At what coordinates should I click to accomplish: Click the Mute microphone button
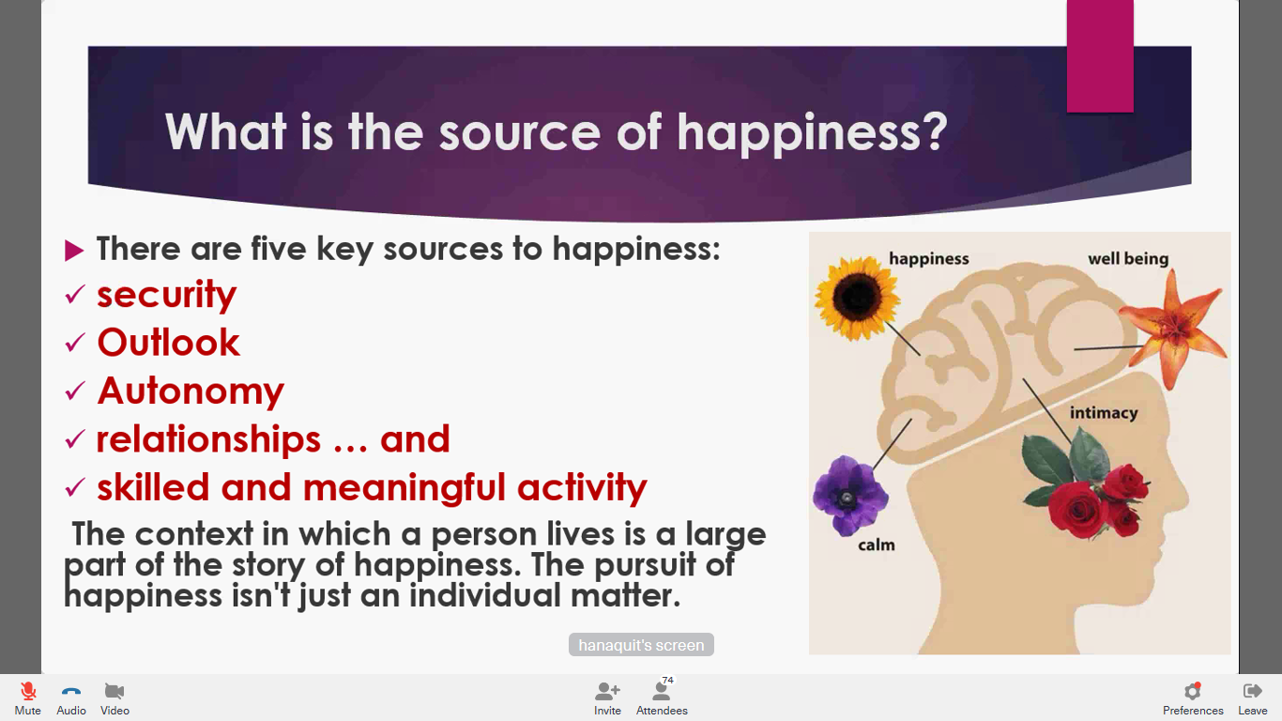(27, 692)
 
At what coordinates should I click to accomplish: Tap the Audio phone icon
(71, 692)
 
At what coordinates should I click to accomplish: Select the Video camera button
(114, 691)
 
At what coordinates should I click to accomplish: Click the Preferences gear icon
(1193, 691)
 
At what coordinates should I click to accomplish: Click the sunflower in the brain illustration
(857, 298)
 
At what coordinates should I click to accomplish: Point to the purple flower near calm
(849, 496)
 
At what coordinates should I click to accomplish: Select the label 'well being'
(1128, 259)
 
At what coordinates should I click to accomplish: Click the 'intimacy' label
(1104, 413)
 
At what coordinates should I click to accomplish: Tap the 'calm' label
(877, 545)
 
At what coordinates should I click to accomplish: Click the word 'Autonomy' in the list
(191, 391)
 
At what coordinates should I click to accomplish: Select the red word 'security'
(166, 295)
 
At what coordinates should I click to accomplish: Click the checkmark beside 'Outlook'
(75, 343)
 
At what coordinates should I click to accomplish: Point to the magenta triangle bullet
(74, 251)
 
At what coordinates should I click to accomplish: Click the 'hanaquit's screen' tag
(641, 645)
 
